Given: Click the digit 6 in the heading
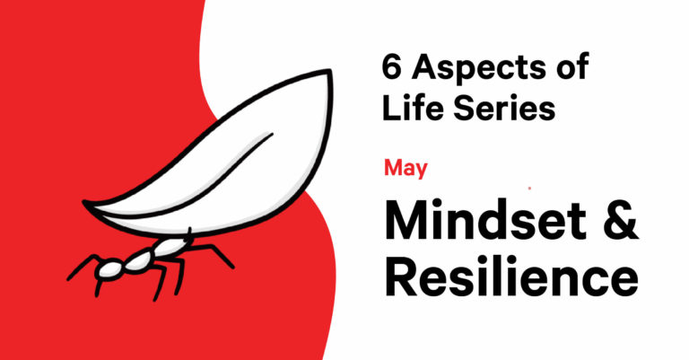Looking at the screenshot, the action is pos(392,66).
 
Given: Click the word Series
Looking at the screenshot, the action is pos(504,108).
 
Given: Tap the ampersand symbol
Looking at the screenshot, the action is pos(619,219).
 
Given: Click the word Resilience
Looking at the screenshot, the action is pos(511,275).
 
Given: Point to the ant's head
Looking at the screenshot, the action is pos(108,269).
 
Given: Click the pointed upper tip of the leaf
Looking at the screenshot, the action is pos(328,71).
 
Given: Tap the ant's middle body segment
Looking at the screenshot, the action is pos(140,260).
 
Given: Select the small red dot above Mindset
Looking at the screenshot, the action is pos(529,189).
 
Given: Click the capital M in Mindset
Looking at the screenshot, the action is pos(406,219).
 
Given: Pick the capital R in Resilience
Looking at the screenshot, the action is pos(403,275).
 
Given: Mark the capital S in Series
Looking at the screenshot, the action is pos(465,108).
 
